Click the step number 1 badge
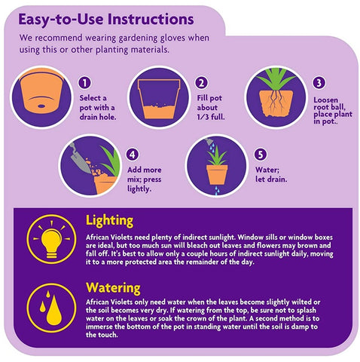coord(84,83)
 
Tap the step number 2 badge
coord(202,83)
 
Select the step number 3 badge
coord(319,83)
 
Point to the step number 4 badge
coord(133,155)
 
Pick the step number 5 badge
coord(261,155)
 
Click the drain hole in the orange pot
coord(41,106)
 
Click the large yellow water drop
coord(54,311)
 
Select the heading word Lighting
coord(109,221)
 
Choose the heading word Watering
coord(113,288)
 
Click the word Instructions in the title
coord(151,20)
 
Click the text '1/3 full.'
coord(211,117)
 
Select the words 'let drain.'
coord(271,179)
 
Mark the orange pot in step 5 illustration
coord(217,174)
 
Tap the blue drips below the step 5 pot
coord(216,190)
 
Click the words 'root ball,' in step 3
coord(329,107)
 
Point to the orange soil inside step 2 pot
coord(159,111)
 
